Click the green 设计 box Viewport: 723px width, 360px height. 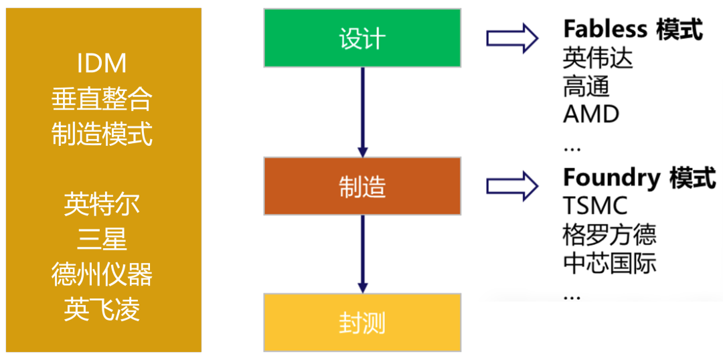coord(362,37)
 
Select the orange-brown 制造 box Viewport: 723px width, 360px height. coord(362,186)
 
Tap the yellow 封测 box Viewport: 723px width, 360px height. coord(362,323)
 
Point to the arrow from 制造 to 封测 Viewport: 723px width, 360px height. coord(362,254)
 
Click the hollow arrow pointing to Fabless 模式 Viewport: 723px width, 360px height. coord(512,38)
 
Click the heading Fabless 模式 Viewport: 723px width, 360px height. coord(632,29)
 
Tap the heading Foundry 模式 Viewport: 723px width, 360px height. coord(639,178)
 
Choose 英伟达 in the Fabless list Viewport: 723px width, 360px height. coord(598,58)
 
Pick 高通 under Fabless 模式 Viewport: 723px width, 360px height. coord(586,86)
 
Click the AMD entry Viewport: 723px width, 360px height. coord(591,114)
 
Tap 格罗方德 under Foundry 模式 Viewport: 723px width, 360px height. coord(609,234)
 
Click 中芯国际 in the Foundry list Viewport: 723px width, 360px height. coord(609,262)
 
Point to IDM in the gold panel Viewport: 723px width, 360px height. coord(102,64)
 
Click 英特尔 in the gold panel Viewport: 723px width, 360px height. coord(102,203)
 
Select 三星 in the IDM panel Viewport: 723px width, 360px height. coord(102,239)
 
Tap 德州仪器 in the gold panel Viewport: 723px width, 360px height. coord(102,274)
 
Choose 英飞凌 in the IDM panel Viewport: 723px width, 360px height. coord(102,310)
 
